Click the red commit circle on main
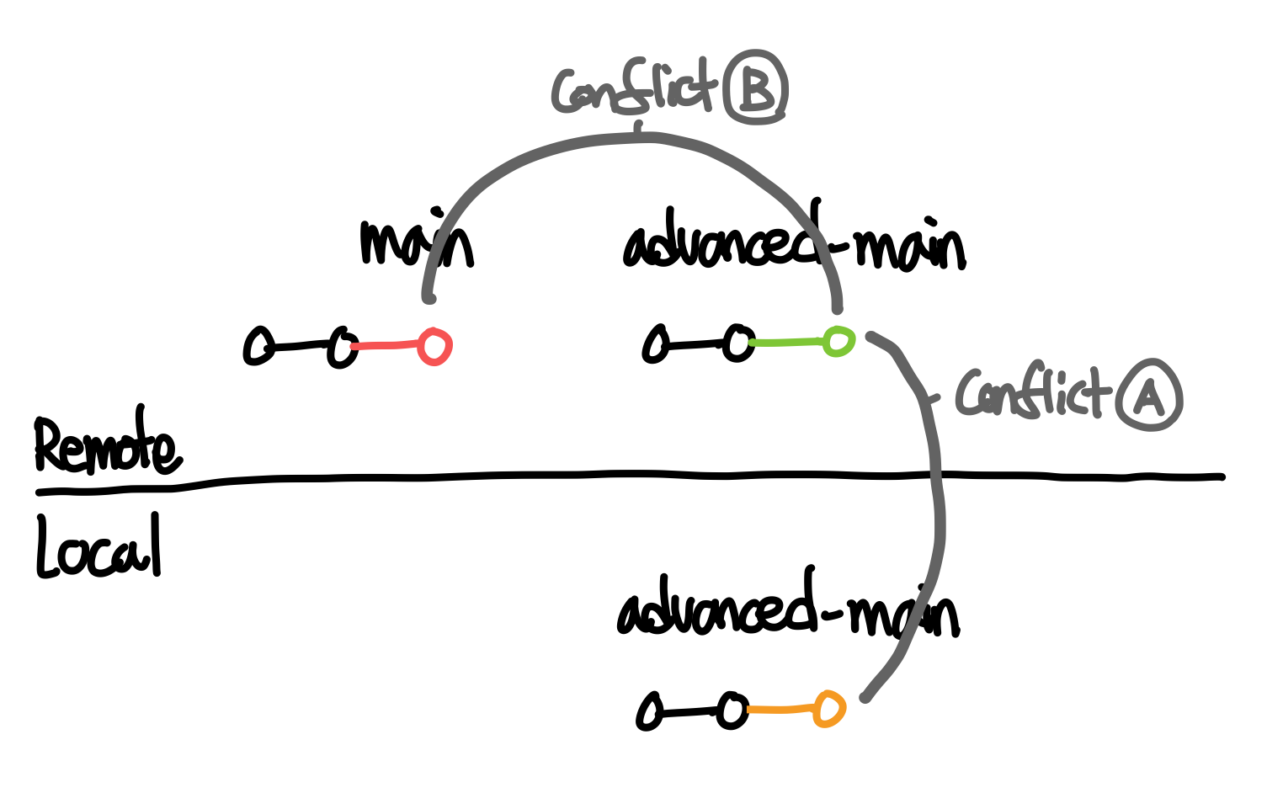point(434,346)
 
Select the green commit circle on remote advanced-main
point(838,341)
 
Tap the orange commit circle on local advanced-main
point(828,709)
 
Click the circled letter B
point(756,88)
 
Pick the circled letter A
point(1149,395)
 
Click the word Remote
point(106,443)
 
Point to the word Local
point(98,548)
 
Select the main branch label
point(416,242)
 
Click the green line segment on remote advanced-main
point(788,343)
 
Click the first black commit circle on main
point(258,346)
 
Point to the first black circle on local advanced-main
point(650,712)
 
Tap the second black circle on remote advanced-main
point(738,343)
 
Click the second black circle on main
point(342,346)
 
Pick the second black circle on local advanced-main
point(732,711)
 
